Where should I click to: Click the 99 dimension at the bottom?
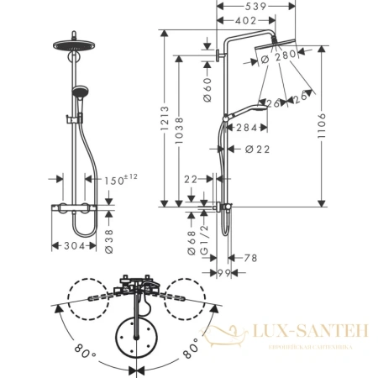[x=223, y=273]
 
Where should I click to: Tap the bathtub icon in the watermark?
[x=222, y=335]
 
